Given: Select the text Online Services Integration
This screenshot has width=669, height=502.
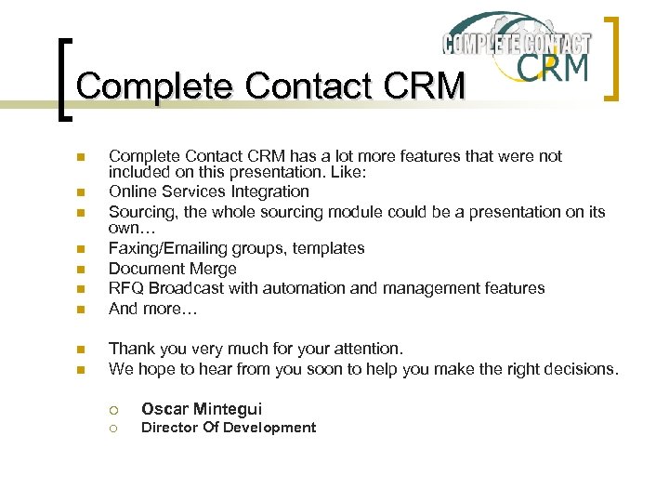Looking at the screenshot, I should tap(209, 192).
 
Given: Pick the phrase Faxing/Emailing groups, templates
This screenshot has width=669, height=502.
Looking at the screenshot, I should tap(236, 248).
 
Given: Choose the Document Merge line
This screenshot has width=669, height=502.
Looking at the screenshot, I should tap(172, 269).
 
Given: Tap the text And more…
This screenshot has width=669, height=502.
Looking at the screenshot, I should tap(153, 309).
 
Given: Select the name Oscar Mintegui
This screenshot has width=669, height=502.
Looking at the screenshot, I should tap(202, 409).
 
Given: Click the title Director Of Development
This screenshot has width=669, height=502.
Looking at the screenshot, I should tap(228, 428).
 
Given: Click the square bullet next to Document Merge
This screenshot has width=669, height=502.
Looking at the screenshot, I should tap(81, 270).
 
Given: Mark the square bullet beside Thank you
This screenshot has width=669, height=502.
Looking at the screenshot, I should tap(81, 350).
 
